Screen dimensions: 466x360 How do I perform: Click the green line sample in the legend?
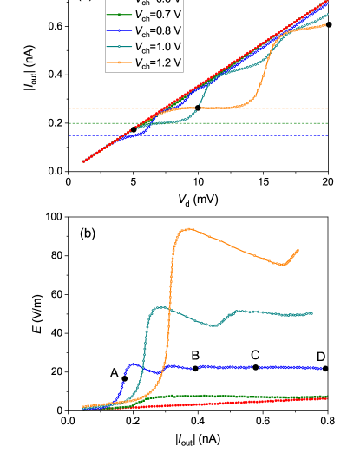click(x=119, y=16)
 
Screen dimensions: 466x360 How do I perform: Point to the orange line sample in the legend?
click(x=119, y=62)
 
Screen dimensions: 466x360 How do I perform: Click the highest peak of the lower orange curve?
click(x=187, y=229)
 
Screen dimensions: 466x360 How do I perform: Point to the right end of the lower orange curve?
click(x=298, y=250)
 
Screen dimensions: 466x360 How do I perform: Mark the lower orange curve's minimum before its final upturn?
click(x=284, y=265)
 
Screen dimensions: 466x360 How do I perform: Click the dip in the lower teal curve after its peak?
click(x=214, y=325)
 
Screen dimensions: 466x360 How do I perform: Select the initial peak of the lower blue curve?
click(x=133, y=364)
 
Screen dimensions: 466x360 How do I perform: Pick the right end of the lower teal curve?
click(x=312, y=313)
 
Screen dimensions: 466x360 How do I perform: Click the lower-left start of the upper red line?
click(x=83, y=161)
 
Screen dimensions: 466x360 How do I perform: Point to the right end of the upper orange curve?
click(x=327, y=25)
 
